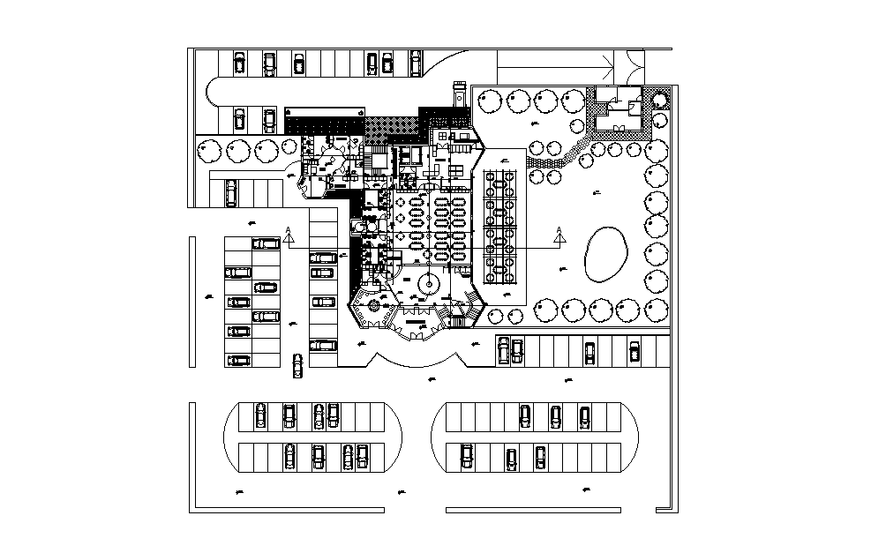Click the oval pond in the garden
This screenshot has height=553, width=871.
click(x=604, y=253)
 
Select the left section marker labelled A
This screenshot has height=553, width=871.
click(x=289, y=235)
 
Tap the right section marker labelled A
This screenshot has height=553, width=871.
click(x=559, y=235)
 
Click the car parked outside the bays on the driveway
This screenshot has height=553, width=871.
click(x=297, y=365)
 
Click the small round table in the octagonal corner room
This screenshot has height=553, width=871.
click(x=373, y=307)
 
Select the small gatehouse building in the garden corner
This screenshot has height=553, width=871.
click(x=618, y=108)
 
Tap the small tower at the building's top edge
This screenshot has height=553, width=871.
click(x=458, y=93)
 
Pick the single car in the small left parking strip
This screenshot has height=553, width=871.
click(x=231, y=191)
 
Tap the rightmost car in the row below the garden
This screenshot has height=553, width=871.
click(x=634, y=351)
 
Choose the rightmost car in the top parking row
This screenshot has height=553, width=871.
click(x=415, y=62)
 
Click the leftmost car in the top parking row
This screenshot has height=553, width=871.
click(x=239, y=63)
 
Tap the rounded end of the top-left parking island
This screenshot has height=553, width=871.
click(x=215, y=92)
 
